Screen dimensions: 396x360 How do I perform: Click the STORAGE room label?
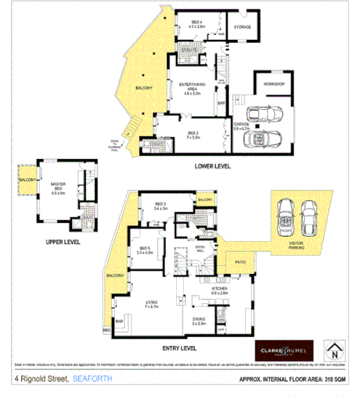point(241,28)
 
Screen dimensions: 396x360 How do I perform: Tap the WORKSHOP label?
point(273,85)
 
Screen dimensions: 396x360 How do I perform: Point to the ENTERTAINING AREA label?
point(193,88)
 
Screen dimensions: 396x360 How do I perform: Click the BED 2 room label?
point(193,134)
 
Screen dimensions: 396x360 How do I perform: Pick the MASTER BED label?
point(57,186)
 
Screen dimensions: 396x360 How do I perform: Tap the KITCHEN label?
point(220,289)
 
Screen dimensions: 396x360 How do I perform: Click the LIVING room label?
point(152,303)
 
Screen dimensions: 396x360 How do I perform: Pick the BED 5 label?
point(145,249)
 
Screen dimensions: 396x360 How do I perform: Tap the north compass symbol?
point(334,350)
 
